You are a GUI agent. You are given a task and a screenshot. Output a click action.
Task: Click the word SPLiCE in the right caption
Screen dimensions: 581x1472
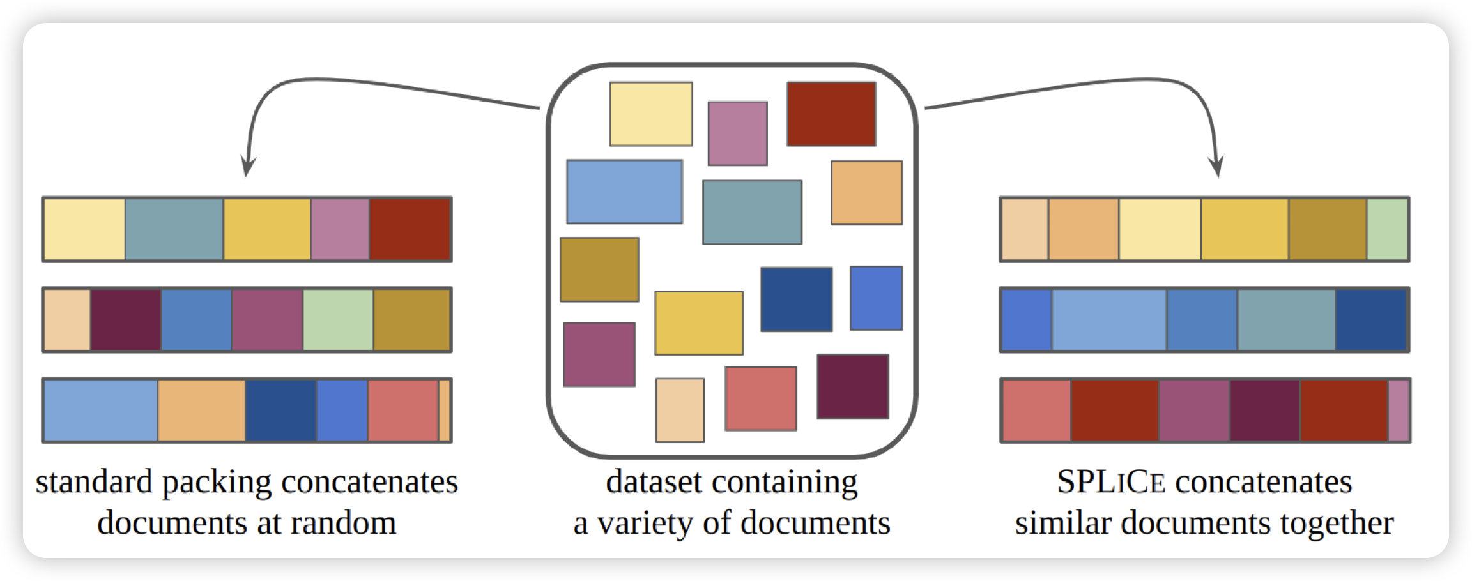pyautogui.click(x=1111, y=482)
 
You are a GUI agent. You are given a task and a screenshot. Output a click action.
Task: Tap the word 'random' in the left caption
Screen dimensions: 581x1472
pyautogui.click(x=343, y=524)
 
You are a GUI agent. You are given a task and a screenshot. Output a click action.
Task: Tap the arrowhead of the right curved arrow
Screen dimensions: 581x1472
pyautogui.click(x=1218, y=167)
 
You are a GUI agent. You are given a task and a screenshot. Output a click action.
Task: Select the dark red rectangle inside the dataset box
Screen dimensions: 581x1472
pyautogui.click(x=831, y=114)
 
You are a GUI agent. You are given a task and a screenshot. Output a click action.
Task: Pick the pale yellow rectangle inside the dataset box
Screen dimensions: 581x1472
pyautogui.click(x=650, y=114)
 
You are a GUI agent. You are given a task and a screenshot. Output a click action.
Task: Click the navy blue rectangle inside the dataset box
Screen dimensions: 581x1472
pyautogui.click(x=796, y=299)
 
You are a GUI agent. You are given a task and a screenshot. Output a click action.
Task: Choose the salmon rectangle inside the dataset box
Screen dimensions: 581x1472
pyautogui.click(x=760, y=398)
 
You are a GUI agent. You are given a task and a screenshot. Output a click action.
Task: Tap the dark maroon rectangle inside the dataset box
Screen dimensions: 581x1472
pyautogui.click(x=852, y=386)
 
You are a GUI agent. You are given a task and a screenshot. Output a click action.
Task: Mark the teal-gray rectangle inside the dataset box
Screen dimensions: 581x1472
pyautogui.click(x=752, y=212)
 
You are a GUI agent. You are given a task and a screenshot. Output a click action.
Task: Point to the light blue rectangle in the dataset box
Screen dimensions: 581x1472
pyautogui.click(x=624, y=192)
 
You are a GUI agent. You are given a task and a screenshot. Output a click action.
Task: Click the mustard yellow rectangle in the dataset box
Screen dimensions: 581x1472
pyautogui.click(x=698, y=323)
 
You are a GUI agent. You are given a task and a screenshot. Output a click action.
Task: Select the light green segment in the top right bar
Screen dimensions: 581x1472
pyautogui.click(x=1387, y=229)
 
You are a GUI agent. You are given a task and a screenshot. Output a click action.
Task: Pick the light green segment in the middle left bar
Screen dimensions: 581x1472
pyautogui.click(x=338, y=320)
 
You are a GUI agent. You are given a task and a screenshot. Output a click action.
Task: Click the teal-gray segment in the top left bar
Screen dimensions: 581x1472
pyautogui.click(x=174, y=229)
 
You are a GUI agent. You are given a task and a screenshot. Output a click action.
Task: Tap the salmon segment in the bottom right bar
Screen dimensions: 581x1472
pyautogui.click(x=1036, y=411)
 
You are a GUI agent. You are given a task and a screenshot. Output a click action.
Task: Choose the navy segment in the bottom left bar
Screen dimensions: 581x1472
pyautogui.click(x=280, y=411)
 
